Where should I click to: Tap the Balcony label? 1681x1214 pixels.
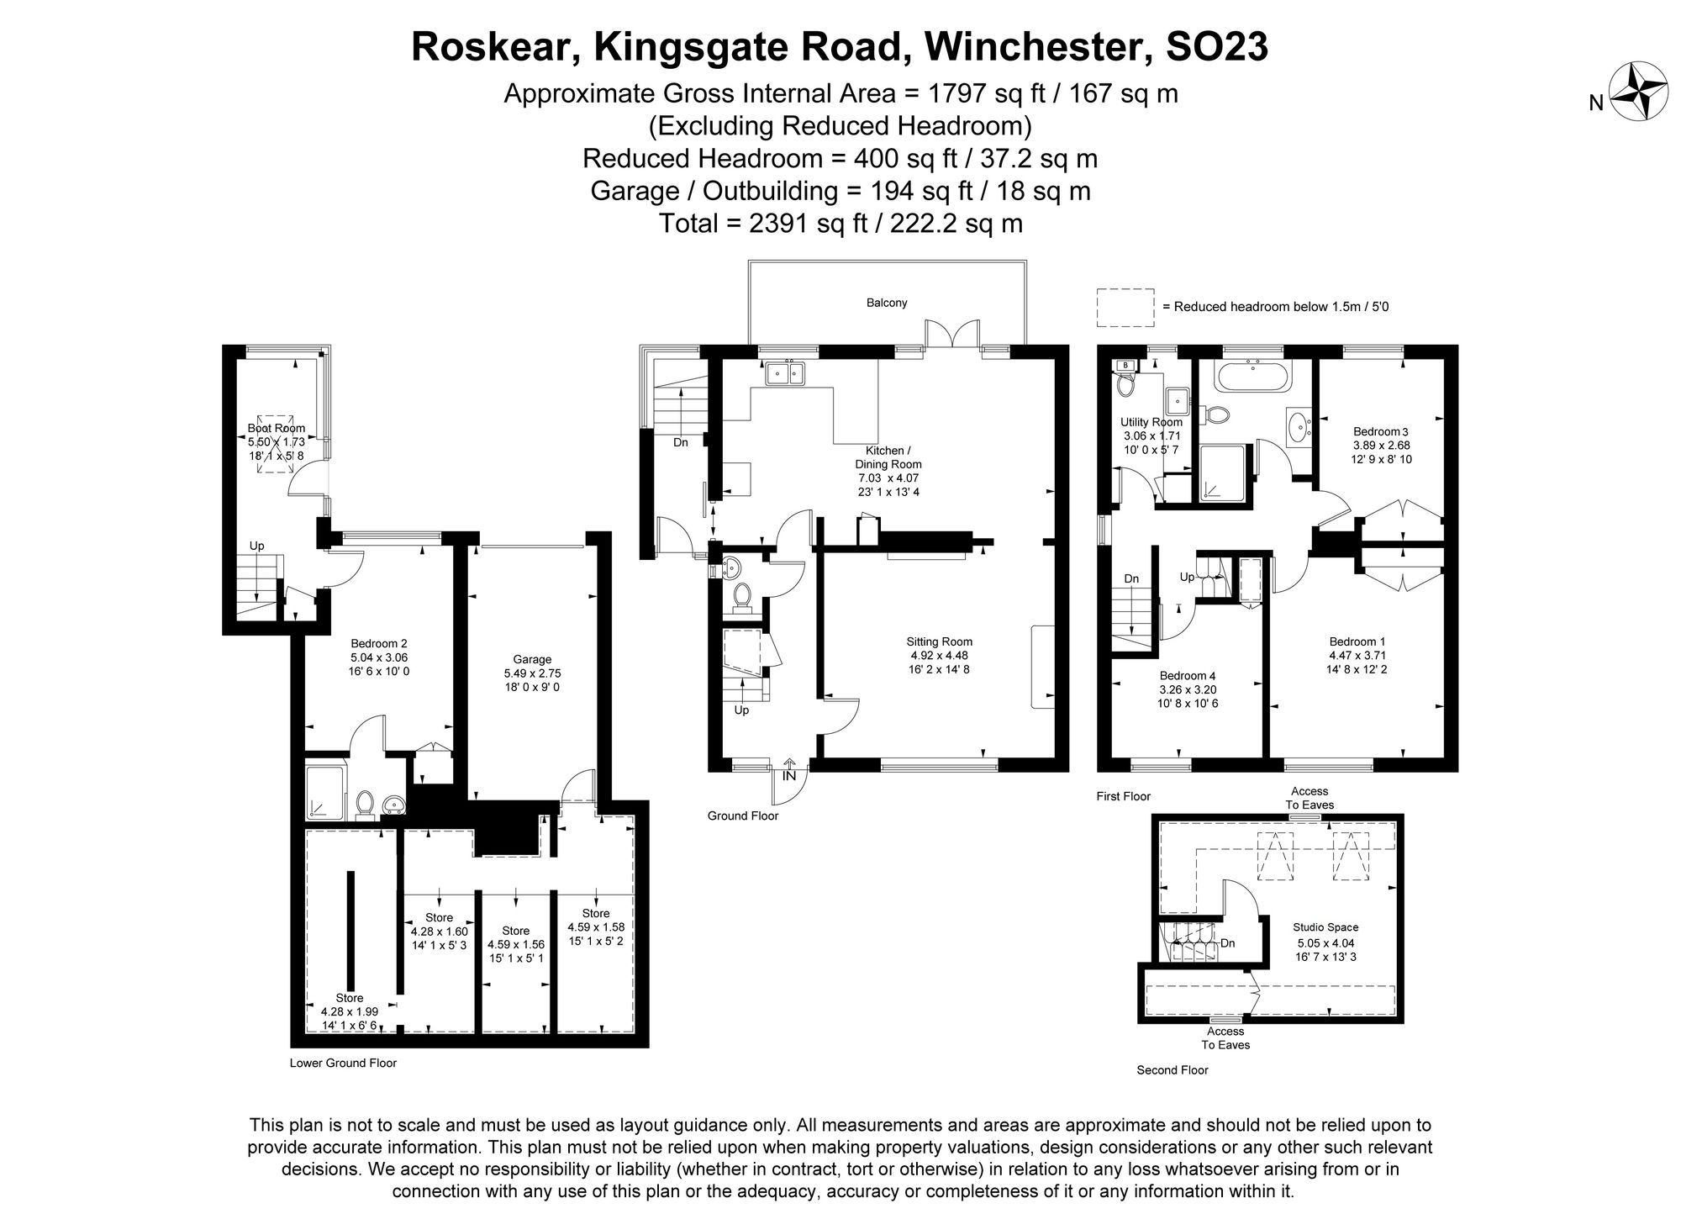[887, 303]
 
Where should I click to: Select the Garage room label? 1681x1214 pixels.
[532, 660]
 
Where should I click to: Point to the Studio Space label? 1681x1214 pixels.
[1325, 928]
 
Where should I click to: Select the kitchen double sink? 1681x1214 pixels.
[785, 372]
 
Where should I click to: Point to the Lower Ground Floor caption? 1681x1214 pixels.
[343, 1063]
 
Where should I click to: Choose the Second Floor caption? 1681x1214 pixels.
[1172, 1070]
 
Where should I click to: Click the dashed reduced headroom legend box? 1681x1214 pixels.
[1125, 307]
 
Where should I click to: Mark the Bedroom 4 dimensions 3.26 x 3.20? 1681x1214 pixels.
[1188, 689]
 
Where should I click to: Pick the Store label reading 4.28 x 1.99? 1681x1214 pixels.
[350, 1012]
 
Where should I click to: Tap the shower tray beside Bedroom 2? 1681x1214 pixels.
[324, 791]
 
